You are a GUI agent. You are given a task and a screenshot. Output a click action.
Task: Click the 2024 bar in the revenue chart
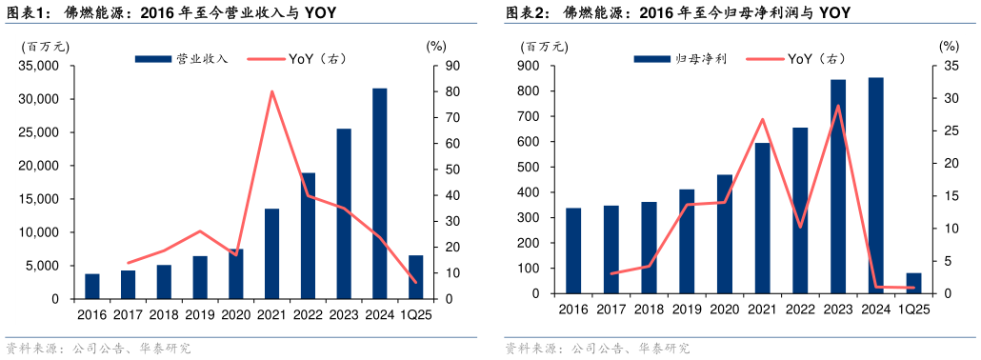(379, 193)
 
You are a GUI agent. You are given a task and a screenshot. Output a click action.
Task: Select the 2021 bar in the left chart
(271, 253)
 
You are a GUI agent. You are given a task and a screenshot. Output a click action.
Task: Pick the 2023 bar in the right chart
(838, 187)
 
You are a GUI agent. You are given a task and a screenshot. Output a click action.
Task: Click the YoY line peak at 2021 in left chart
(272, 91)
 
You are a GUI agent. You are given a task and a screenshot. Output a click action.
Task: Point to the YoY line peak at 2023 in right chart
(838, 106)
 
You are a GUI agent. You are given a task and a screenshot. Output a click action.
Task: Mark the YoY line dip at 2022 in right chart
(800, 227)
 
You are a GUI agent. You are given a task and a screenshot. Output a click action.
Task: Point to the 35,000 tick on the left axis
(38, 66)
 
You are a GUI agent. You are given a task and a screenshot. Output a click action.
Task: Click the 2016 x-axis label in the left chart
(91, 313)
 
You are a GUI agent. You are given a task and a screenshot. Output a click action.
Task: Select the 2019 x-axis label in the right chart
(687, 310)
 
